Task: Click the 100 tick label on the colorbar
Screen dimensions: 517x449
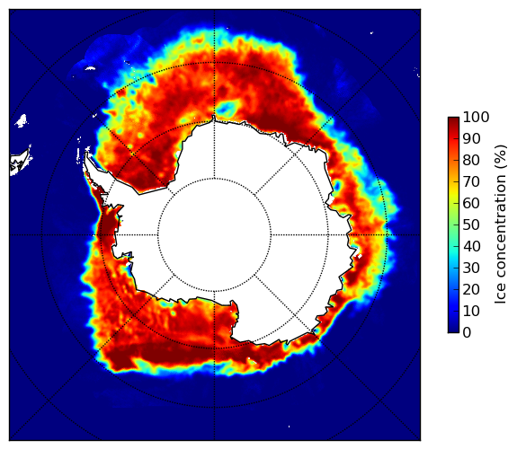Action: pyautogui.click(x=476, y=118)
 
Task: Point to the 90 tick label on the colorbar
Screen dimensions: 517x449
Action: pyautogui.click(x=471, y=138)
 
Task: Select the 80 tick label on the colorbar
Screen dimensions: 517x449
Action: pyautogui.click(x=471, y=161)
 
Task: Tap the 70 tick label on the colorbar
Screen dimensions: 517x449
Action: pyautogui.click(x=471, y=181)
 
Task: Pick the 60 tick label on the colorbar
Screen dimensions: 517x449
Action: pyautogui.click(x=471, y=203)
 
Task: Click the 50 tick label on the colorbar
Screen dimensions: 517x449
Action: pyautogui.click(x=471, y=225)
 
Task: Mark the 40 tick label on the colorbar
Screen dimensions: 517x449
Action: pyautogui.click(x=471, y=246)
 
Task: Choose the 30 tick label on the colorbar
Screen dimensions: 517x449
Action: pyautogui.click(x=471, y=269)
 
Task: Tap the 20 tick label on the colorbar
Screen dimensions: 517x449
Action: pyautogui.click(x=471, y=289)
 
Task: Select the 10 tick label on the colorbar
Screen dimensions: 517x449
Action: pyautogui.click(x=471, y=311)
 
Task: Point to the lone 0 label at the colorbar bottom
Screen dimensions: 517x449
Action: pyautogui.click(x=468, y=333)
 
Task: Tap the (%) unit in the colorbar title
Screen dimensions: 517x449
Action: pyautogui.click(x=501, y=157)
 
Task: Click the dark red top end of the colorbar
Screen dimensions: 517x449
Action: pyautogui.click(x=453, y=119)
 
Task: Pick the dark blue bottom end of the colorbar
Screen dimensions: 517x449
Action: pyautogui.click(x=453, y=330)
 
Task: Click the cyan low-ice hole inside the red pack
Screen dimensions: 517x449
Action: pyautogui.click(x=227, y=108)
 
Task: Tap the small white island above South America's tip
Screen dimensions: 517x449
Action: pyautogui.click(x=22, y=120)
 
